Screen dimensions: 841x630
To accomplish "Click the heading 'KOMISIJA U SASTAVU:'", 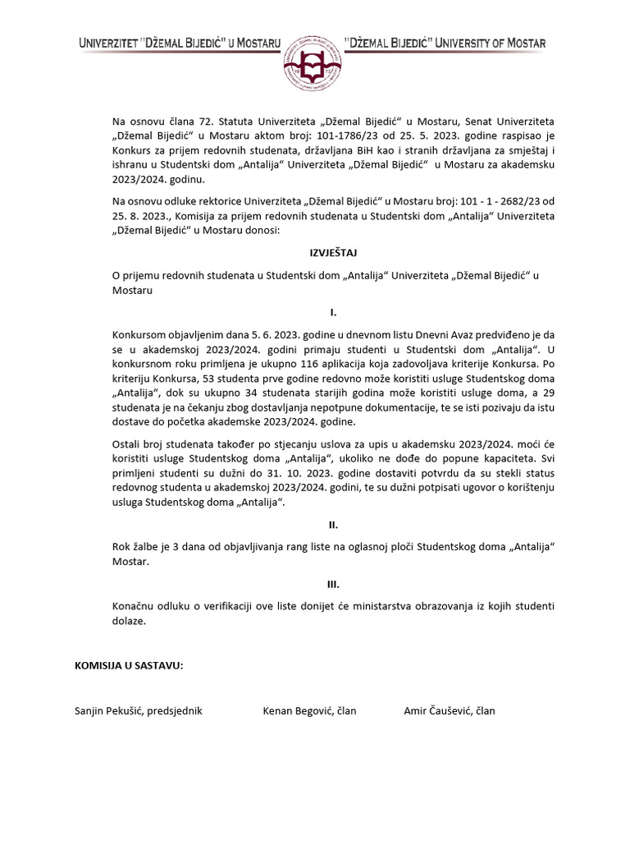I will [129, 664].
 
